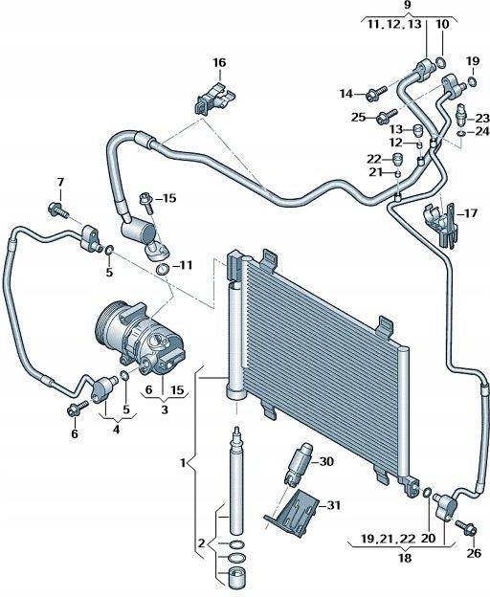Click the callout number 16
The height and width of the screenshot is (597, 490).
pyautogui.click(x=219, y=63)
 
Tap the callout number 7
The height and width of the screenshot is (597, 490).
pyautogui.click(x=59, y=183)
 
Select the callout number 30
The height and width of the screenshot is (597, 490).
pyautogui.click(x=325, y=462)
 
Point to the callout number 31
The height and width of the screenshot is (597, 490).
pyautogui.click(x=333, y=506)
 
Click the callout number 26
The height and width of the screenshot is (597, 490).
pyautogui.click(x=473, y=553)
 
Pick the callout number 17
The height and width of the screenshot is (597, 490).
pyautogui.click(x=470, y=212)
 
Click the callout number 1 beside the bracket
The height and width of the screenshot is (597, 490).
pyautogui.click(x=185, y=463)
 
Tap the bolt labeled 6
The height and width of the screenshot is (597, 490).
pyautogui.click(x=74, y=411)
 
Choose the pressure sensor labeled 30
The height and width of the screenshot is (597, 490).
pyautogui.click(x=299, y=463)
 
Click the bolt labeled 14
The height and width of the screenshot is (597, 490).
pyautogui.click(x=373, y=94)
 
